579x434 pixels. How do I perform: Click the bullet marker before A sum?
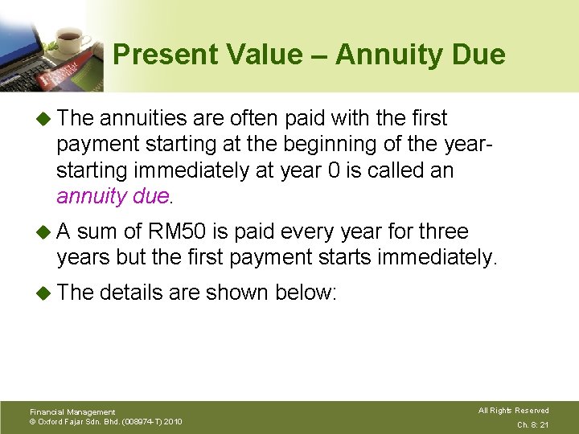coord(45,232)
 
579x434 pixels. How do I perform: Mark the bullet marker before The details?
coord(45,293)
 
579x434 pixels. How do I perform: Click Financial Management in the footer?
coord(72,411)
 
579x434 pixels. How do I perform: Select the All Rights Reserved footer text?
coord(513,411)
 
